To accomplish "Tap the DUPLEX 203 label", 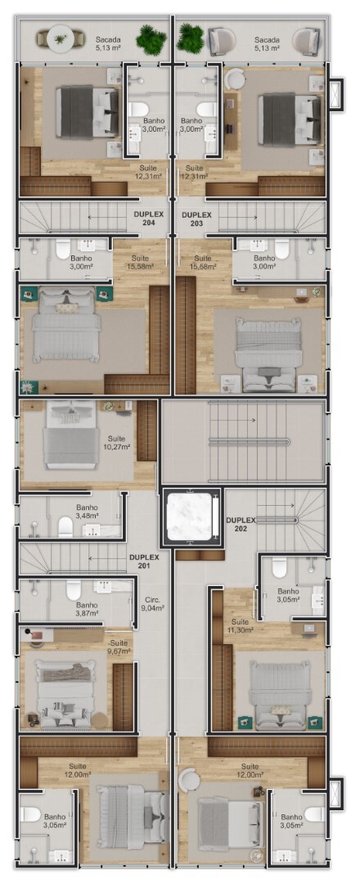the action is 196,219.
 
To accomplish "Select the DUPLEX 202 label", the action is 241,524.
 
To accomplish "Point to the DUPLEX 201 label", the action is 144,561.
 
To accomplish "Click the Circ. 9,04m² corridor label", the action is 151,604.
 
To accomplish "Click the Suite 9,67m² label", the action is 119,647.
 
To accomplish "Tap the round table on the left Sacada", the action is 60,39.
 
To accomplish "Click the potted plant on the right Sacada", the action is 191,38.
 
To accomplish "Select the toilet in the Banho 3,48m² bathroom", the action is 66,527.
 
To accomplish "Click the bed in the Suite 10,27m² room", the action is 71,435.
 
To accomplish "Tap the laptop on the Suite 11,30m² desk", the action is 310,628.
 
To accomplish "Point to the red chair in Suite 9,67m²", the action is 37,636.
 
